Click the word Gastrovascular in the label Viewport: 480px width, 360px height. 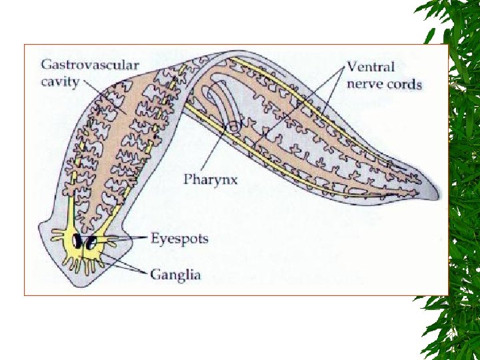tap(90, 65)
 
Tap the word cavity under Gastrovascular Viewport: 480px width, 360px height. tap(60, 82)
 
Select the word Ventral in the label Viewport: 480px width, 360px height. tap(371, 67)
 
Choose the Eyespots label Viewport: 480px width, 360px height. tap(179, 238)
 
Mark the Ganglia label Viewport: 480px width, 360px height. tap(175, 274)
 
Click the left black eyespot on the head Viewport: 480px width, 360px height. tap(79, 241)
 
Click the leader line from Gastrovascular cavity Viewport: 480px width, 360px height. tap(103, 93)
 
